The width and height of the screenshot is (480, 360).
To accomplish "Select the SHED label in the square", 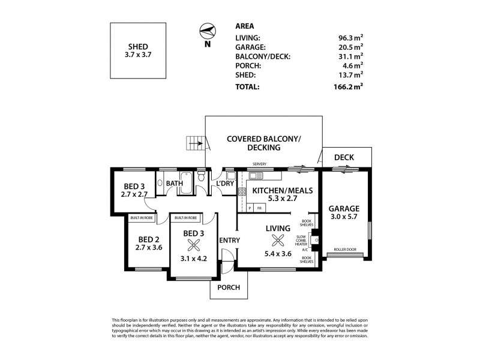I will coord(139,46).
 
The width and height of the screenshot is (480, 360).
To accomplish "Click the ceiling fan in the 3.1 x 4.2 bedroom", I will coord(194,244).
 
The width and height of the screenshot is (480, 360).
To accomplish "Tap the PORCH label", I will coord(228,287).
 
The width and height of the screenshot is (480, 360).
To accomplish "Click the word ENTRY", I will coord(230,241).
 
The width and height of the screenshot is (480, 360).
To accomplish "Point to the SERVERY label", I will coord(260,164).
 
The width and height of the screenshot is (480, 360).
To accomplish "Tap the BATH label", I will coord(175,184).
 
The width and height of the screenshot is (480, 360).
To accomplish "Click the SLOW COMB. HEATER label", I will coord(301,240).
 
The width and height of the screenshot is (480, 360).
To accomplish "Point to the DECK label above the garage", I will coord(344,158).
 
